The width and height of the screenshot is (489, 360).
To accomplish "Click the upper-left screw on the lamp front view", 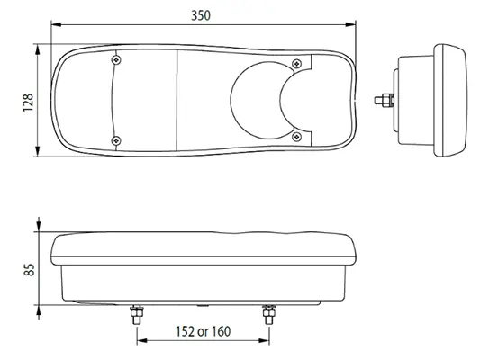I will click(116, 60).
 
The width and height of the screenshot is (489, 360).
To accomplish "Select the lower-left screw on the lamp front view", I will click(116, 139).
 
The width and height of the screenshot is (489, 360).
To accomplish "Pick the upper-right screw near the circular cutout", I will click(296, 61).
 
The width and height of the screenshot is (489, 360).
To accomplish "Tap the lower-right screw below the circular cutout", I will click(296, 136).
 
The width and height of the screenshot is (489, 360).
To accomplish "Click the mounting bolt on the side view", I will click(385, 98).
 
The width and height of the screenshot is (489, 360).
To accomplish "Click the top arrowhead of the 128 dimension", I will click(37, 46).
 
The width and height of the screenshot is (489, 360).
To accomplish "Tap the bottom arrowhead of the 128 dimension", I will click(37, 152).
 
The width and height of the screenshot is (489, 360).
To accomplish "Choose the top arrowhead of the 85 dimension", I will click(37, 227).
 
